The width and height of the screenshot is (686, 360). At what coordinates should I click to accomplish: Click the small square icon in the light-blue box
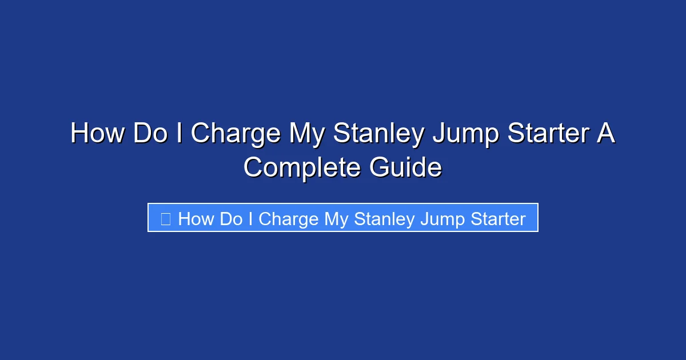coord(166,218)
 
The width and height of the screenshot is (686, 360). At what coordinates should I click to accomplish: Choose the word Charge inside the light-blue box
coord(288,219)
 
